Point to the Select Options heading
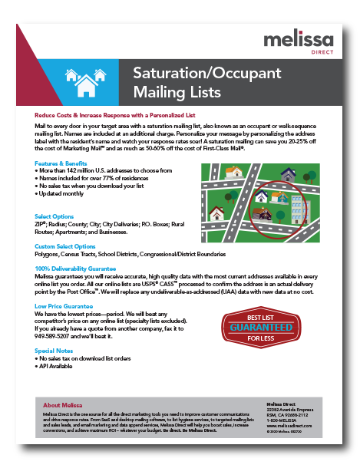coord(54,217)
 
